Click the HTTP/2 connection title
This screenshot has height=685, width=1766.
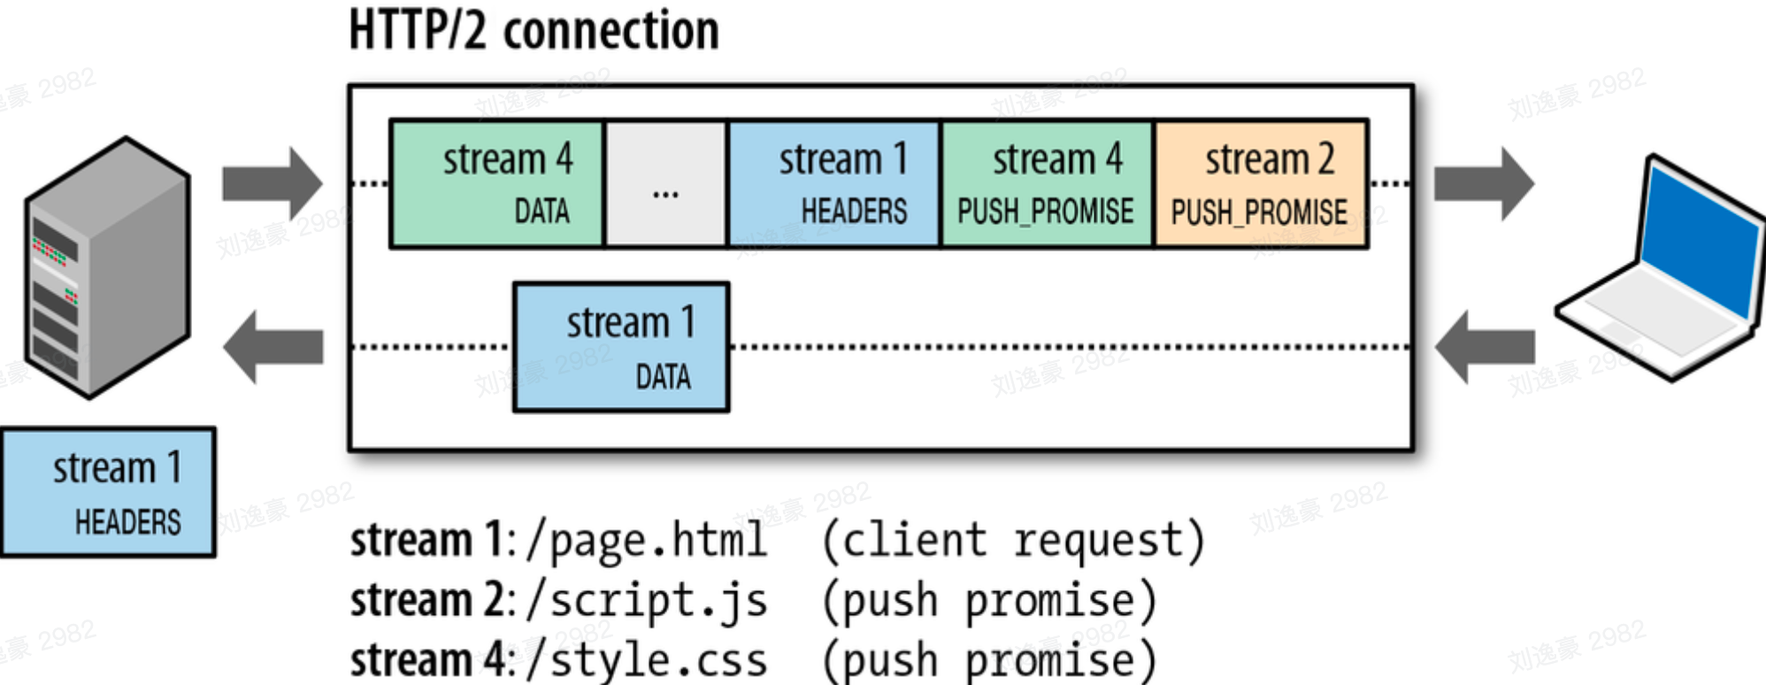point(534,32)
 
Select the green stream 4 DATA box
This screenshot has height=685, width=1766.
point(496,183)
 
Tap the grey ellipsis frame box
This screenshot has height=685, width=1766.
point(665,183)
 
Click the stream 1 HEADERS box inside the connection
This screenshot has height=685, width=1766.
point(833,183)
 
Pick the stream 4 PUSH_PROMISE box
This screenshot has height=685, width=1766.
point(1048,183)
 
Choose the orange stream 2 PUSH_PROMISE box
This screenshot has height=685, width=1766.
point(1261,183)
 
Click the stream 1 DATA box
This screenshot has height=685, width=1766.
point(621,347)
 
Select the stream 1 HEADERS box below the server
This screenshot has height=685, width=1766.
point(108,492)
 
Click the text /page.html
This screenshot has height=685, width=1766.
point(647,540)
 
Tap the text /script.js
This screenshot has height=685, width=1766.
point(647,600)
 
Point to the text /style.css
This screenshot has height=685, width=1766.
point(647,660)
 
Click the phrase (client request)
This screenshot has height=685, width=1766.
point(1014,540)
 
